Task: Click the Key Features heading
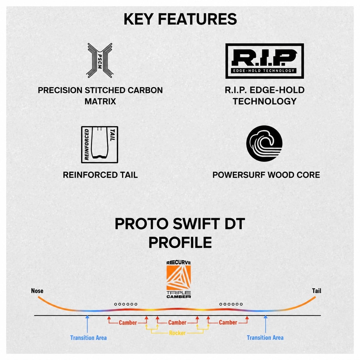(180, 19)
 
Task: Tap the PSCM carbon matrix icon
(100, 61)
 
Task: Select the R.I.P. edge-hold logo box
(264, 61)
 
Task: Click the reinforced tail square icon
(100, 145)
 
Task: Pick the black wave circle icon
(264, 144)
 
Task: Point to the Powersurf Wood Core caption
(266, 175)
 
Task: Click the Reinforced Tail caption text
(100, 175)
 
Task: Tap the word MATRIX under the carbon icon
(100, 102)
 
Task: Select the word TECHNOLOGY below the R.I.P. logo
(264, 102)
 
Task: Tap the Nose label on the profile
(37, 291)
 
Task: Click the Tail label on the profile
(317, 291)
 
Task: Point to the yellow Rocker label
(177, 333)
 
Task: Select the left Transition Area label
(88, 338)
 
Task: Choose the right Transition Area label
(265, 338)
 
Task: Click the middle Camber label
(177, 322)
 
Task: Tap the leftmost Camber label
(128, 323)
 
